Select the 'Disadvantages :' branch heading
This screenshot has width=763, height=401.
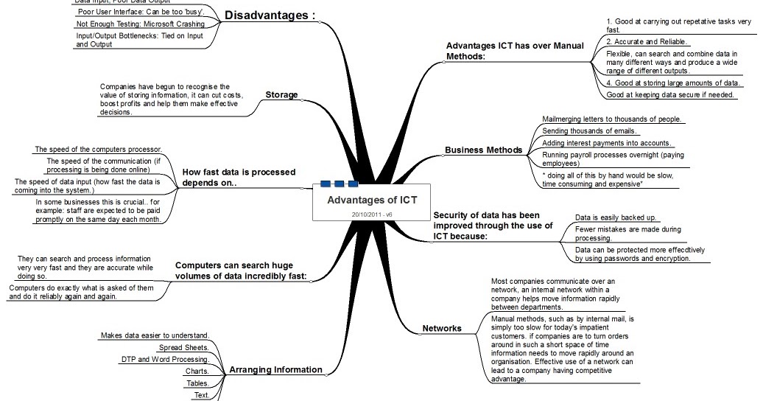[x=270, y=15]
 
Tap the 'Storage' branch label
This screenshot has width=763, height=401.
[x=281, y=94]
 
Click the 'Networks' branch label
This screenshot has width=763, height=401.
[x=442, y=328]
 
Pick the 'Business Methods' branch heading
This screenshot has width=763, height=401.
[x=483, y=150]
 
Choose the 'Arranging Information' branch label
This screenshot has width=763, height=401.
[x=275, y=369]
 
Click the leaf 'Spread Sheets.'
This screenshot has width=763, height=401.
[x=184, y=347]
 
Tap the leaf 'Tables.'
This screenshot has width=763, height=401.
[x=197, y=383]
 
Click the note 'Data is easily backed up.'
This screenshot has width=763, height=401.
[x=616, y=218]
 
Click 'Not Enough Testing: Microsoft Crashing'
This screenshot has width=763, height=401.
[x=130, y=24]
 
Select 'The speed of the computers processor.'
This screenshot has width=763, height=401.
[x=98, y=149]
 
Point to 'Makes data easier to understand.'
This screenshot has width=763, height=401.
[x=155, y=335]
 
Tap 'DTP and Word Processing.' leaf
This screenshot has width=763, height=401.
[x=164, y=359]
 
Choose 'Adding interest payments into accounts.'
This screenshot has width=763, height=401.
[x=606, y=142]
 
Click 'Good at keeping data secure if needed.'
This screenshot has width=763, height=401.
[x=670, y=94]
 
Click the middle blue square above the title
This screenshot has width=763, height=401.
[x=340, y=184]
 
